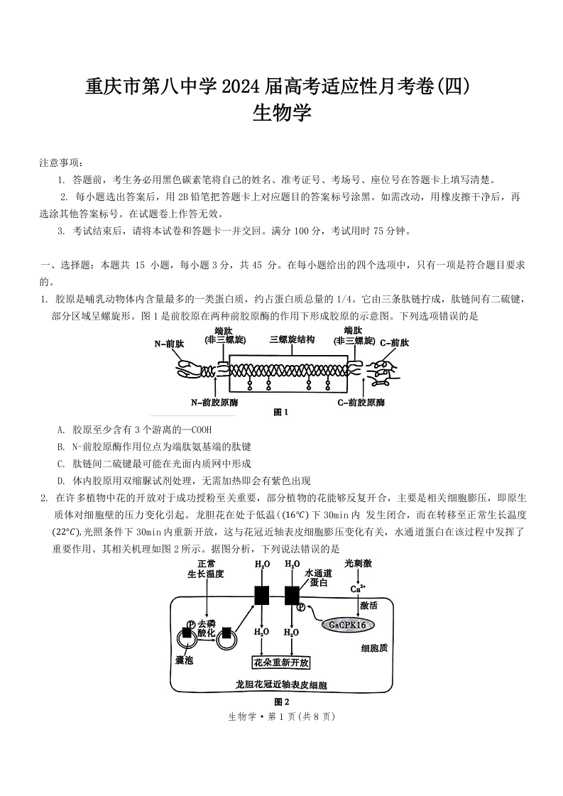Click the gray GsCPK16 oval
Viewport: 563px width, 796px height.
pyautogui.click(x=348, y=625)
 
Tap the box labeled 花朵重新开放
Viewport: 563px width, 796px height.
pyautogui.click(x=282, y=663)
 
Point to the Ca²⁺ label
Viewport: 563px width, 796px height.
pyautogui.click(x=358, y=588)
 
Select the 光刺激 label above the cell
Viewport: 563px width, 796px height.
pyautogui.click(x=357, y=563)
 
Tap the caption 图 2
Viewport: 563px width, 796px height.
pyautogui.click(x=282, y=702)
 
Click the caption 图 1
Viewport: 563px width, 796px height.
pyautogui.click(x=282, y=411)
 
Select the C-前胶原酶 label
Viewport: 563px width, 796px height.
pyautogui.click(x=361, y=402)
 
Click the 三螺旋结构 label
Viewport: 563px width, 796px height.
pyautogui.click(x=292, y=339)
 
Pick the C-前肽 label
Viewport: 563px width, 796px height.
pyautogui.click(x=394, y=343)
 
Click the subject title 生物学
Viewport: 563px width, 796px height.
pyautogui.click(x=282, y=113)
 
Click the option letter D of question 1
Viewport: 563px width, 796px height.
pyautogui.click(x=60, y=480)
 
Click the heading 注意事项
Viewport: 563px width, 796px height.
pyautogui.click(x=61, y=163)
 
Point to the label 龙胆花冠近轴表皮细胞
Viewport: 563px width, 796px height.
pyautogui.click(x=282, y=685)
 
